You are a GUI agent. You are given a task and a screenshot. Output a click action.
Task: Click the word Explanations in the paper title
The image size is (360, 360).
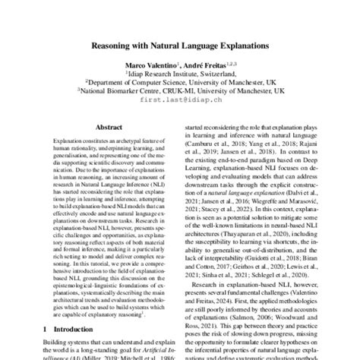pos(242,46)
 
